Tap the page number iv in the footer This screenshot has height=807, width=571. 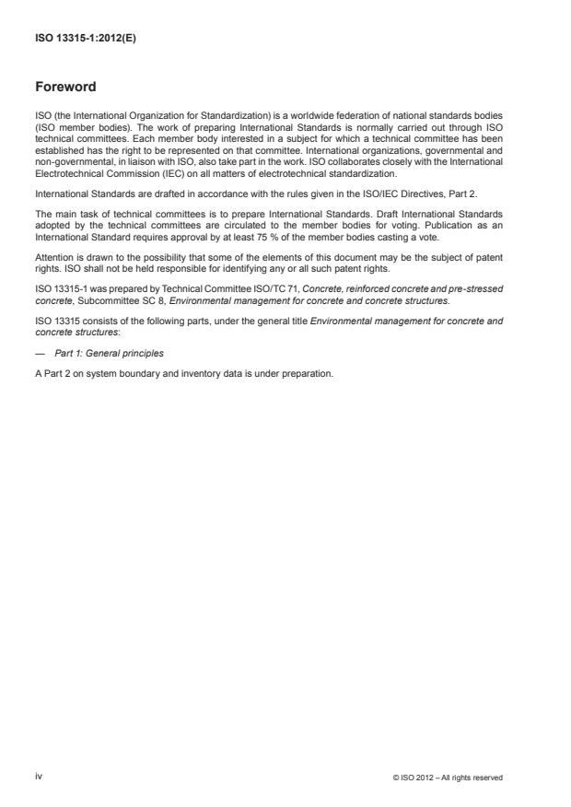39,777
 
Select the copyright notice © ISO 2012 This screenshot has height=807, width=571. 447,778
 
